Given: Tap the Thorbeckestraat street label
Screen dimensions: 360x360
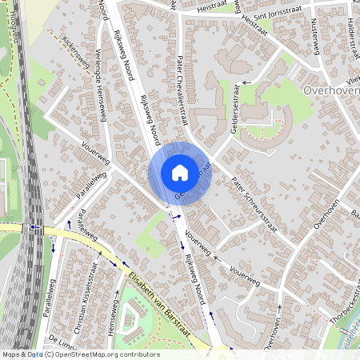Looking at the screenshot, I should coord(331,305).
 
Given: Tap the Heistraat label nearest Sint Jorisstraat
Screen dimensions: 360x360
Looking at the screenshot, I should coord(254,23).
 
